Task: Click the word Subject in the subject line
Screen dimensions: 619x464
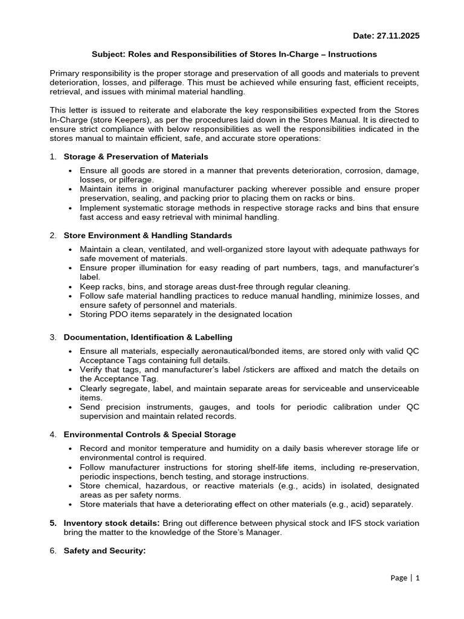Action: tap(107, 54)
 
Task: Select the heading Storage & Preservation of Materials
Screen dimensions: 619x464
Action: tap(136, 157)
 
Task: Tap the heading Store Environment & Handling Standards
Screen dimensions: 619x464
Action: tap(147, 235)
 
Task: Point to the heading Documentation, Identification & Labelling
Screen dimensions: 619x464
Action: tap(148, 337)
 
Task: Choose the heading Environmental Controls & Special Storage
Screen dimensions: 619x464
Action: tap(150, 434)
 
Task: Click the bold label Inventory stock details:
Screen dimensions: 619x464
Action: tap(112, 523)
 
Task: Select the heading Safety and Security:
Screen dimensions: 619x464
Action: tap(105, 551)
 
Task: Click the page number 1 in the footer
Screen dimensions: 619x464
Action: tap(417, 578)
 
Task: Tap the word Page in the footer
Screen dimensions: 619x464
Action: tap(399, 578)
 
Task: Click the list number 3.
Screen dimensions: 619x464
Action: tap(53, 337)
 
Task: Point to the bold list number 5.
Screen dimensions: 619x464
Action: tap(53, 523)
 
